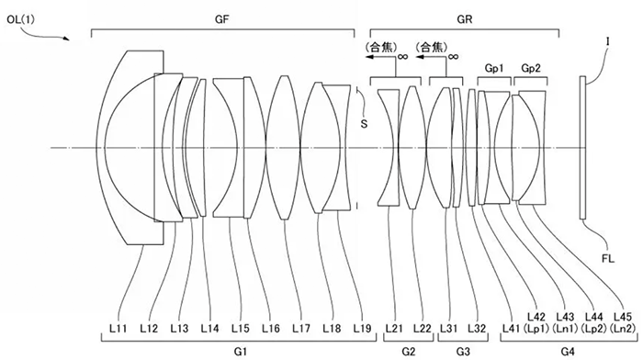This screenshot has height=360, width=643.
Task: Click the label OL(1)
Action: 21,19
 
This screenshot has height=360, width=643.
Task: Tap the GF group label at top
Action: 222,19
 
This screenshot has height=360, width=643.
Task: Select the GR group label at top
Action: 465,19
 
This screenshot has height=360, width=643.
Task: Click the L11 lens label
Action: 118,328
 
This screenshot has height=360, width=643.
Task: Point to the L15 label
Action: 241,328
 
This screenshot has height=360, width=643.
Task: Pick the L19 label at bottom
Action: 362,328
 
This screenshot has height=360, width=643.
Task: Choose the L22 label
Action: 423,328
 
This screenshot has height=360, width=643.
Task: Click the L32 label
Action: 477,328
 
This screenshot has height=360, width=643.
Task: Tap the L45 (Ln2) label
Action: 623,322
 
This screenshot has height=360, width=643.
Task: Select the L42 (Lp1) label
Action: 536,322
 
